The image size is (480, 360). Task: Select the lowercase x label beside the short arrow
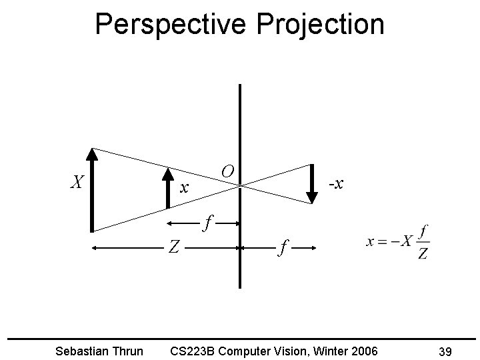pyautogui.click(x=186, y=189)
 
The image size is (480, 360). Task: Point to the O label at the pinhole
pyautogui.click(x=227, y=171)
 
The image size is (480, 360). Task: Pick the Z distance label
pyautogui.click(x=174, y=248)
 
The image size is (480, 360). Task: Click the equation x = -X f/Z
pyautogui.click(x=397, y=242)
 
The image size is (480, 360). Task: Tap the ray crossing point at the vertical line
pyautogui.click(x=239, y=187)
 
